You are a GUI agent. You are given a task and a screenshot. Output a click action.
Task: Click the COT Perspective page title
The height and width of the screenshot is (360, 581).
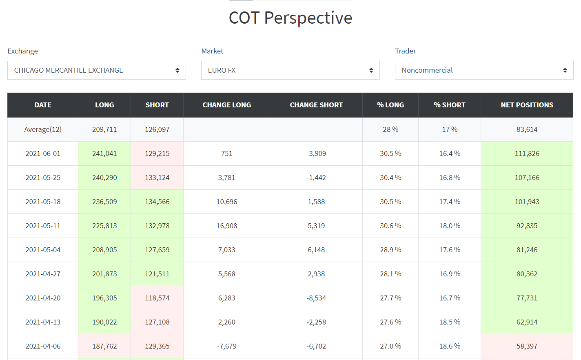point(290,18)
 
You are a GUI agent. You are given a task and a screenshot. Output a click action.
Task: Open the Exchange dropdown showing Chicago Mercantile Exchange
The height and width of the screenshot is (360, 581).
point(97,70)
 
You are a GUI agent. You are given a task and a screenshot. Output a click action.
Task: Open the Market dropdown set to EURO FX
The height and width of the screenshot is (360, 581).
point(290,70)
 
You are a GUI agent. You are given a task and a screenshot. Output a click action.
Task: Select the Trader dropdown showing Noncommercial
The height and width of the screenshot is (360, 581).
point(484,70)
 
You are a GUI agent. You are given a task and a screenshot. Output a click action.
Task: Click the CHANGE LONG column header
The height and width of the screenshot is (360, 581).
point(226,105)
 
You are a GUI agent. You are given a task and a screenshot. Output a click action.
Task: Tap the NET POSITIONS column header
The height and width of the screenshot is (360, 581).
point(527,105)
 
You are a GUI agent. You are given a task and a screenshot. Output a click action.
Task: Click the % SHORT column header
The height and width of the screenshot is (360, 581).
point(449,105)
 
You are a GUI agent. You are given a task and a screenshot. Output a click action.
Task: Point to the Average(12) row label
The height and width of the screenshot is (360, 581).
point(43,129)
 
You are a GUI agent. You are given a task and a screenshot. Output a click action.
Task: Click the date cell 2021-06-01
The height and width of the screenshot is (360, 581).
point(43,153)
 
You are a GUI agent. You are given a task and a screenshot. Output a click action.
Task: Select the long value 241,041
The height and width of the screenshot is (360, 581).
point(104,153)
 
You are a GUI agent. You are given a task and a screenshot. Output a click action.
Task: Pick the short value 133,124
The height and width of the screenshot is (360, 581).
point(157,178)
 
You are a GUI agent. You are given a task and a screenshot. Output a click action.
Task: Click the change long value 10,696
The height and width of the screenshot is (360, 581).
point(226,202)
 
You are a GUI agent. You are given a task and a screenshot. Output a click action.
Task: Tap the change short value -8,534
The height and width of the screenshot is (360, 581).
point(316,298)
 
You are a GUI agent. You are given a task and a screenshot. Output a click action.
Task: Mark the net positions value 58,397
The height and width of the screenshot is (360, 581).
point(527,346)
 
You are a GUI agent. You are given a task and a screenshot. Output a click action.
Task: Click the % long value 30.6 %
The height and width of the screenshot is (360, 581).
point(390,226)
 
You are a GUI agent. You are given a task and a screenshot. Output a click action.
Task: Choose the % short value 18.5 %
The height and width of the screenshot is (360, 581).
point(450,322)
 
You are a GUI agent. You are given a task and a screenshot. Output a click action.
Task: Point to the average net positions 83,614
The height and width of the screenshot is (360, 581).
point(527,129)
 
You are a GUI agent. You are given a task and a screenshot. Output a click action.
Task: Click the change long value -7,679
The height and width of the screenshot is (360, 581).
point(226,346)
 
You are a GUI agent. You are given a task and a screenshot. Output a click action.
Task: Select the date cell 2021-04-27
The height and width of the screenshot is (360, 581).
point(43,274)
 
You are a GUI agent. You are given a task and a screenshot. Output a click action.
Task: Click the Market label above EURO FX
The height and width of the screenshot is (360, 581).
point(212,51)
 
